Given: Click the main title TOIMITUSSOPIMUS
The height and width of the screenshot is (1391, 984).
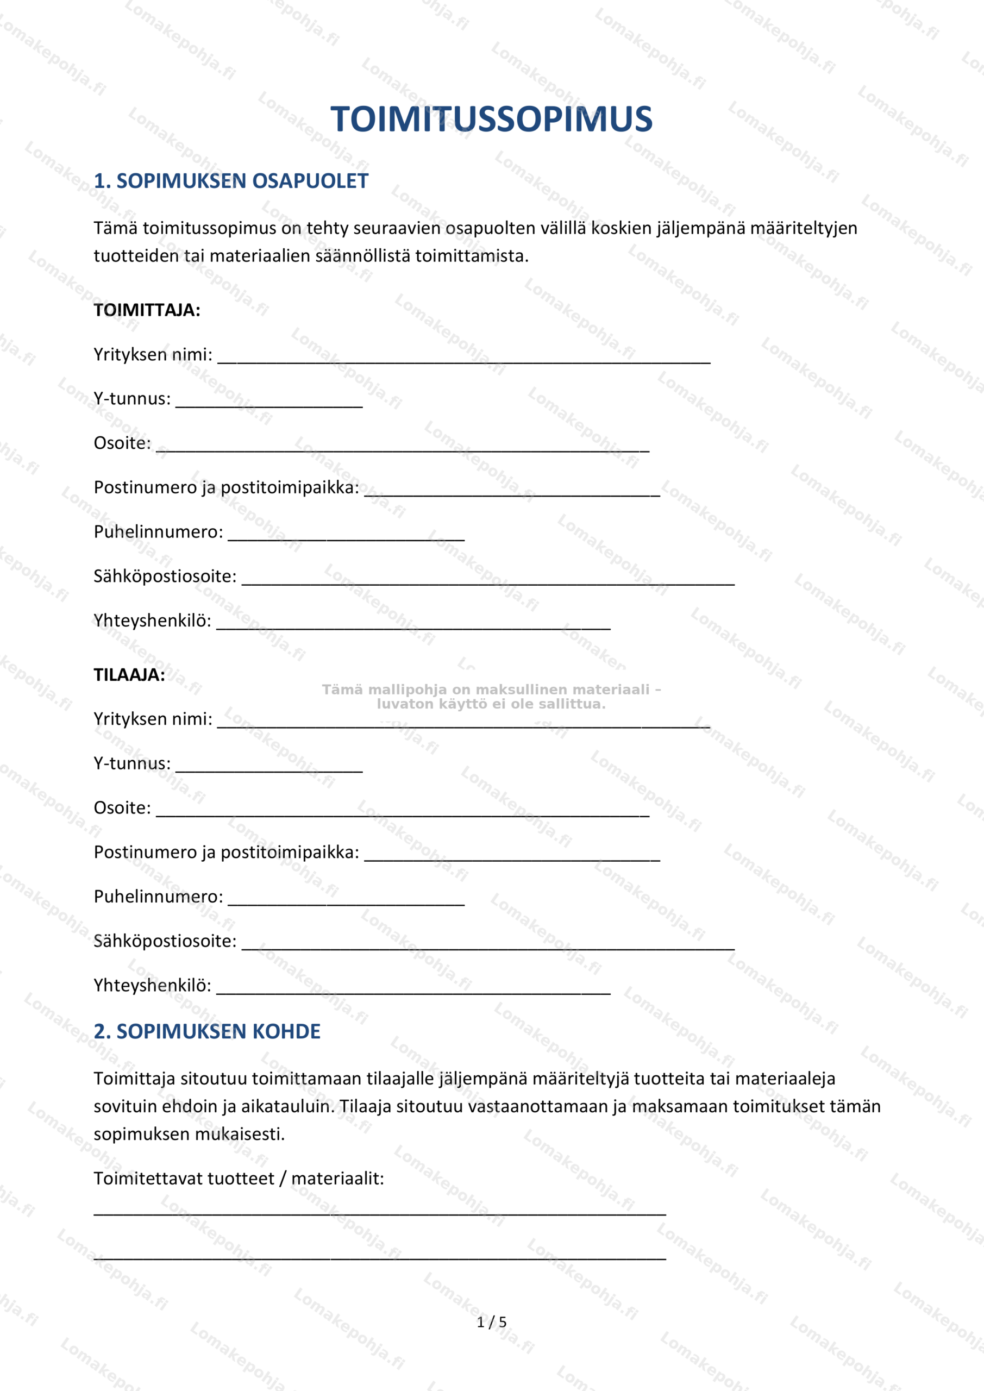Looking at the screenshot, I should (x=491, y=119).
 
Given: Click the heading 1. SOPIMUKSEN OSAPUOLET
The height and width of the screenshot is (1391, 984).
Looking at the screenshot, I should (x=231, y=181).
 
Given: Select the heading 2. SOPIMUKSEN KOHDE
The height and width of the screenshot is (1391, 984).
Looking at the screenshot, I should (x=206, y=1031).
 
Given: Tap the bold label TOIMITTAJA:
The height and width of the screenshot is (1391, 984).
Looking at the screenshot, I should (x=147, y=310).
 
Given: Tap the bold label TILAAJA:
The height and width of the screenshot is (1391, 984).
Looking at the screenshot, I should (x=129, y=675).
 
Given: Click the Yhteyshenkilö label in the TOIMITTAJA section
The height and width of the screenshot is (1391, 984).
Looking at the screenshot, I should (x=152, y=621).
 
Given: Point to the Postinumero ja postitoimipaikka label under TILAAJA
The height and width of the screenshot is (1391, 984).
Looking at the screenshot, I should (x=226, y=852).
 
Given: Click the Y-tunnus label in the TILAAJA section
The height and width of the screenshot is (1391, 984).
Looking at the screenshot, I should (x=132, y=763).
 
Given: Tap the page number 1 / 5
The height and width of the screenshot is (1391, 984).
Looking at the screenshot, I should (x=491, y=1322).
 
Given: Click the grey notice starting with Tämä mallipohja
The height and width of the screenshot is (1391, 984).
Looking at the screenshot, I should (x=491, y=697).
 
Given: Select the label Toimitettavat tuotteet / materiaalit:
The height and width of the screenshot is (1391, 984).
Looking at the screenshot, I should (x=239, y=1179).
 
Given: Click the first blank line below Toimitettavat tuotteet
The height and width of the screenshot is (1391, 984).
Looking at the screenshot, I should (x=379, y=1213).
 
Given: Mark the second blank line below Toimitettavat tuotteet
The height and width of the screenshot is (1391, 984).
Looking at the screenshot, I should (x=379, y=1258).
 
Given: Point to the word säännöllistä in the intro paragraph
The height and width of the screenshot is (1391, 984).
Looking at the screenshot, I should (x=362, y=256).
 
